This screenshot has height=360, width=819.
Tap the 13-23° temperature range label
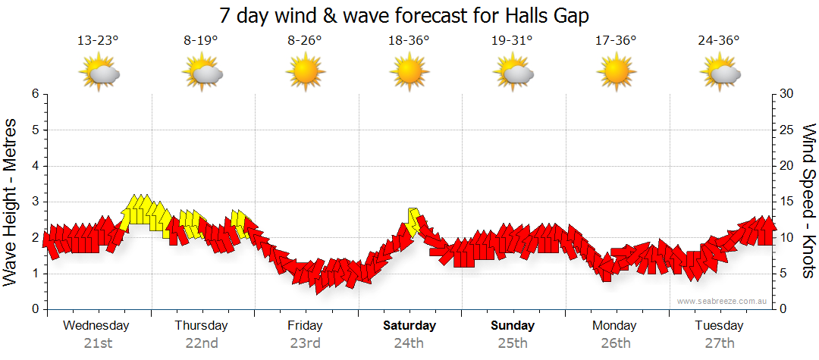point(99,41)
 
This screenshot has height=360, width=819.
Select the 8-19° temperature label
point(202,41)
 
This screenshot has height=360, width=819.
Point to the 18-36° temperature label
point(409,41)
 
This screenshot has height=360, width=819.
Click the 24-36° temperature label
point(719,41)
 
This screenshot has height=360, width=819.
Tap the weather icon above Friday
point(305,73)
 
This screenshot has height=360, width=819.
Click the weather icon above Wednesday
point(99,73)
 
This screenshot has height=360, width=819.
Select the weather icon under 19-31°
point(512,73)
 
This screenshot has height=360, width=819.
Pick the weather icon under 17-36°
point(615,73)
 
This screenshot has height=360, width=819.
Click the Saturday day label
point(409,326)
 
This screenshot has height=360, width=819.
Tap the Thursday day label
point(202,326)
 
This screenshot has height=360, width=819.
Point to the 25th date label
point(512,343)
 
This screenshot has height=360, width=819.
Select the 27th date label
point(719,343)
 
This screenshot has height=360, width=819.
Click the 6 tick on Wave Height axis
point(34,94)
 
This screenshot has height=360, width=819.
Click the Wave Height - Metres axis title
point(11,202)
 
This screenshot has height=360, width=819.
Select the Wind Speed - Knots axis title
point(808,202)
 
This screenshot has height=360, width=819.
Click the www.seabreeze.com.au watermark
point(723,301)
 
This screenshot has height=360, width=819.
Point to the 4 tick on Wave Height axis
point(34,166)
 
